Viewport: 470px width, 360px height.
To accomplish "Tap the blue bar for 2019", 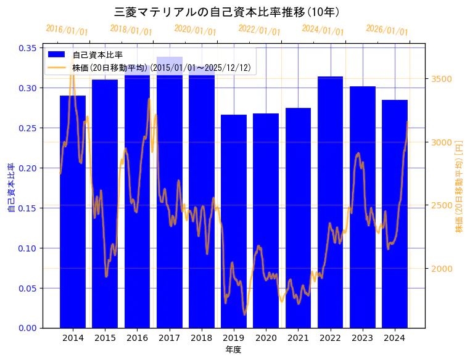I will (x=234, y=221).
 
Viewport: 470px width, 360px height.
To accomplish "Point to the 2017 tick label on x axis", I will (x=170, y=338).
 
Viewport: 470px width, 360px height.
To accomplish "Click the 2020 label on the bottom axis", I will (x=266, y=338).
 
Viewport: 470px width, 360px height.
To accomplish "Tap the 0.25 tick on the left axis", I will (x=28, y=128).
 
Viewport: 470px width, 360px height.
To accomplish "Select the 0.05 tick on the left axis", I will (x=28, y=288).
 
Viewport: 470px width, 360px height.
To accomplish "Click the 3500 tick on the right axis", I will (x=441, y=79).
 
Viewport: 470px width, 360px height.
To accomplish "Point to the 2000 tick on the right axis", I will (x=441, y=269).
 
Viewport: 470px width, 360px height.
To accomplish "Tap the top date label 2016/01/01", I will (x=67, y=30).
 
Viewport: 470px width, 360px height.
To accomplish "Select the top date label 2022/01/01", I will (x=259, y=30).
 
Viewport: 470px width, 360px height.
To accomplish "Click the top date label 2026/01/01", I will (x=387, y=30).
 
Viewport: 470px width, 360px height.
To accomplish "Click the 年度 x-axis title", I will (x=233, y=350).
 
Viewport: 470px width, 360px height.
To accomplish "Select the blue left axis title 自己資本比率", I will (x=10, y=188).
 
